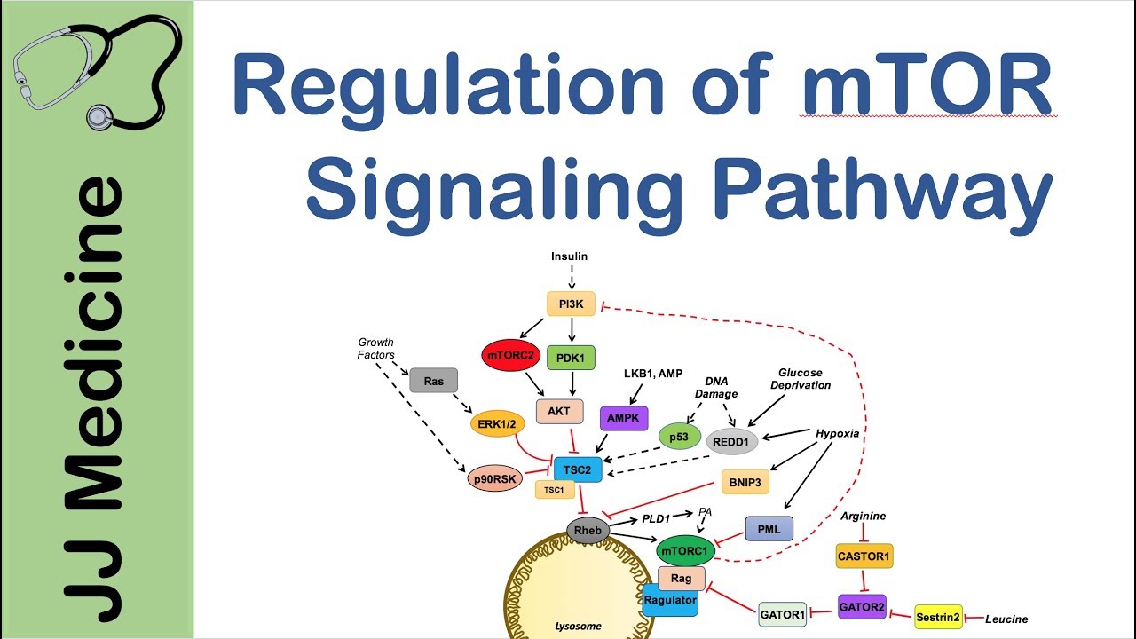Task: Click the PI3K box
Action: (x=572, y=305)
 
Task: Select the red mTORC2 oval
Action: (x=509, y=356)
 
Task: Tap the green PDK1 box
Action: (x=572, y=359)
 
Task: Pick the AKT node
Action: (x=560, y=412)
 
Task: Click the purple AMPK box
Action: (x=625, y=418)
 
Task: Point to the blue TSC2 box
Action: (x=577, y=469)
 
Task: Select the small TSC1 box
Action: (x=555, y=490)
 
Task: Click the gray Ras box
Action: (x=433, y=381)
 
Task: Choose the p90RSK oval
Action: (x=495, y=479)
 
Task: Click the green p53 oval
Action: (x=680, y=436)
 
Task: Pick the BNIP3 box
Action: (x=745, y=482)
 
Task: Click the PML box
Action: (x=769, y=529)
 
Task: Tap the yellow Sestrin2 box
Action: (x=938, y=618)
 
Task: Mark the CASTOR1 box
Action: (x=864, y=556)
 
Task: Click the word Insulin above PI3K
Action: (x=569, y=256)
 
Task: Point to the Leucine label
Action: (x=1006, y=619)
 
